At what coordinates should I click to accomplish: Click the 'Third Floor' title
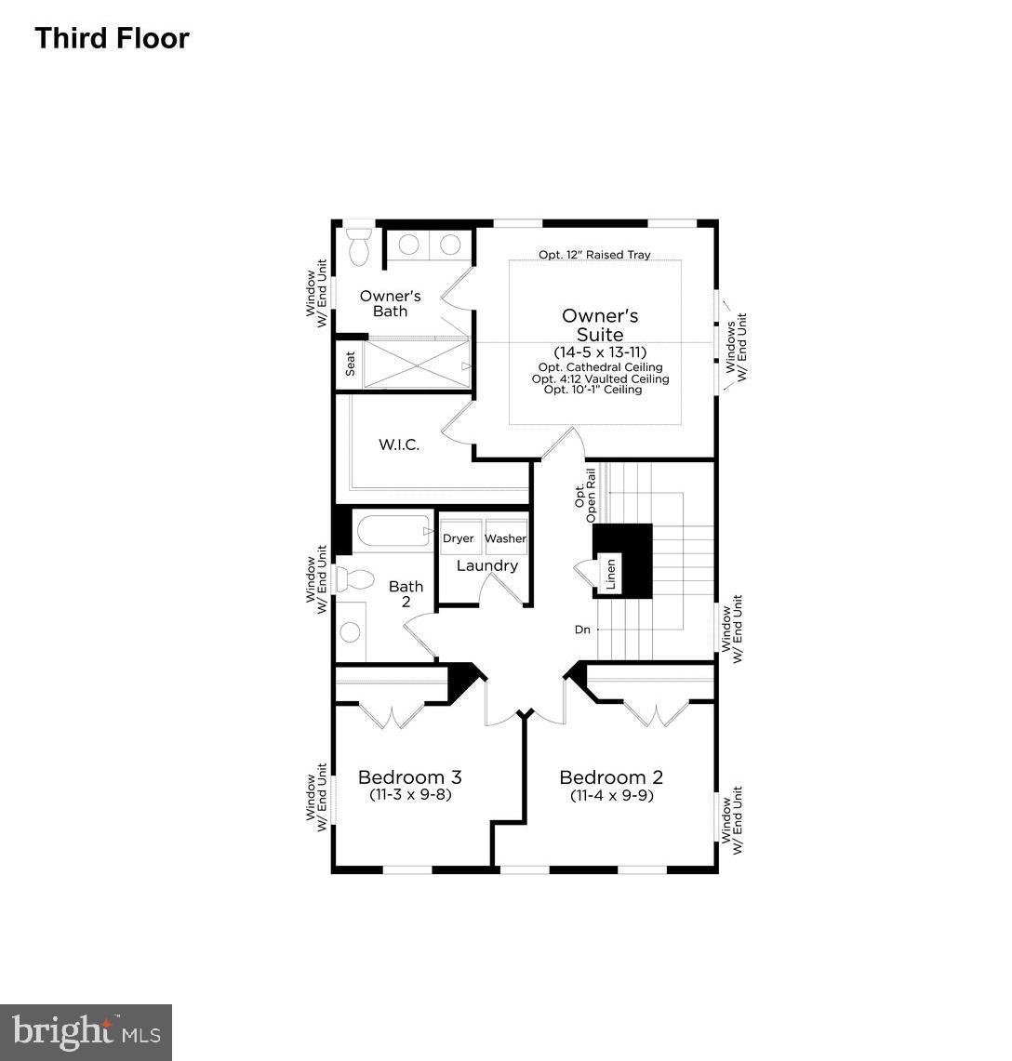[x=112, y=38]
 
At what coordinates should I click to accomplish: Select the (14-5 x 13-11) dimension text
[x=599, y=352]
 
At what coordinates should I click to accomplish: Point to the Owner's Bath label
[x=390, y=303]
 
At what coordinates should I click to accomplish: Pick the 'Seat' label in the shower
[x=350, y=364]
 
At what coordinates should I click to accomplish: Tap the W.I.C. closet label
[x=399, y=444]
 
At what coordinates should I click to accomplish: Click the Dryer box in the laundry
[x=458, y=538]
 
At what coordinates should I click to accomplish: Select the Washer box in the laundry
[x=505, y=538]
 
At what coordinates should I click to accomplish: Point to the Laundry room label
[x=486, y=565]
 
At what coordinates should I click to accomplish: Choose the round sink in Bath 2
[x=350, y=632]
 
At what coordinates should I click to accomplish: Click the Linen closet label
[x=611, y=575]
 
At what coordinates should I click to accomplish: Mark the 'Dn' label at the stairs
[x=582, y=630]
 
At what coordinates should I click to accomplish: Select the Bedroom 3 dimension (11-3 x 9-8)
[x=409, y=795]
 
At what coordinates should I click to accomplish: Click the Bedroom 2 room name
[x=610, y=777]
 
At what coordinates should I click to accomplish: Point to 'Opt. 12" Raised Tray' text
[x=594, y=254]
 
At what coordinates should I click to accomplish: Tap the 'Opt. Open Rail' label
[x=585, y=502]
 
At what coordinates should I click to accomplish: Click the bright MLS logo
[x=86, y=1032]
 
